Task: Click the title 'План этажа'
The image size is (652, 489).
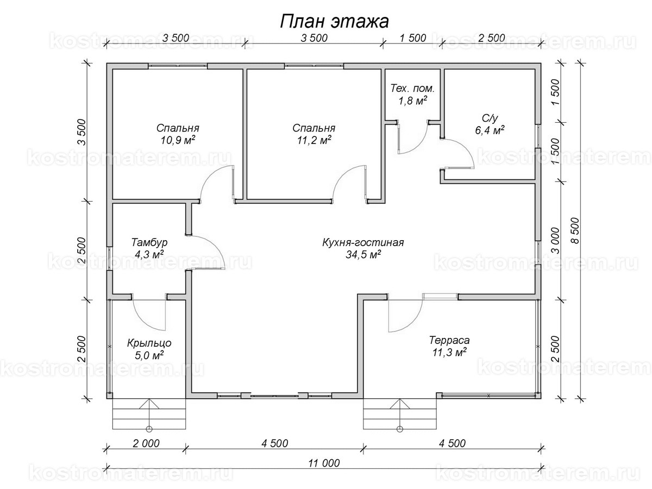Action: click(334, 21)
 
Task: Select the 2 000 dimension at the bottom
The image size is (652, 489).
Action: click(145, 443)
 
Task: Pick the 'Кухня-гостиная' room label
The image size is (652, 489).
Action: click(362, 243)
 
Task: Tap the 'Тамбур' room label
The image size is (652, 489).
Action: click(149, 242)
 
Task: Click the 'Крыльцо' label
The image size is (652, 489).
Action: click(149, 343)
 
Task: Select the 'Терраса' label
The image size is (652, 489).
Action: click(449, 341)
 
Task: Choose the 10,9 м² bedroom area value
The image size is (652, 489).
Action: click(177, 140)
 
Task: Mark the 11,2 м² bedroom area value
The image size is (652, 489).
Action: click(313, 140)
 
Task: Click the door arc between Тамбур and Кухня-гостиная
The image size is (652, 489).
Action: click(209, 253)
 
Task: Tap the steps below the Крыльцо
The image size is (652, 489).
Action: click(149, 414)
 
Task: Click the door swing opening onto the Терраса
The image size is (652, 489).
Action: click(404, 315)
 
